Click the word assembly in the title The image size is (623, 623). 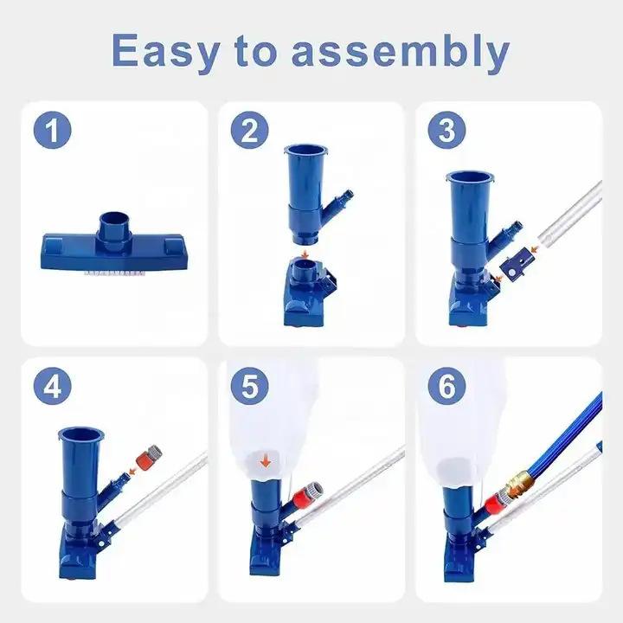[x=401, y=51]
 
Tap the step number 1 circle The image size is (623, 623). [x=53, y=130]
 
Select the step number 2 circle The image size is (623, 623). [x=249, y=130]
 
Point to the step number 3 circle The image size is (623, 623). [x=447, y=130]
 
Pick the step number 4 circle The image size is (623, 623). [x=53, y=386]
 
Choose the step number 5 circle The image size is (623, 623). [x=249, y=386]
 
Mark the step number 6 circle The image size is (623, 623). [x=447, y=386]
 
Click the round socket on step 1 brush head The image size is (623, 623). [x=114, y=233]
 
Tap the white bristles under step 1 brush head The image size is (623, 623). [x=113, y=273]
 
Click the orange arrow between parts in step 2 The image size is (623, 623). [x=305, y=254]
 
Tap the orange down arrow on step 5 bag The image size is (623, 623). [x=266, y=462]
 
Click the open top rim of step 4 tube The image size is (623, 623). [x=81, y=434]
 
